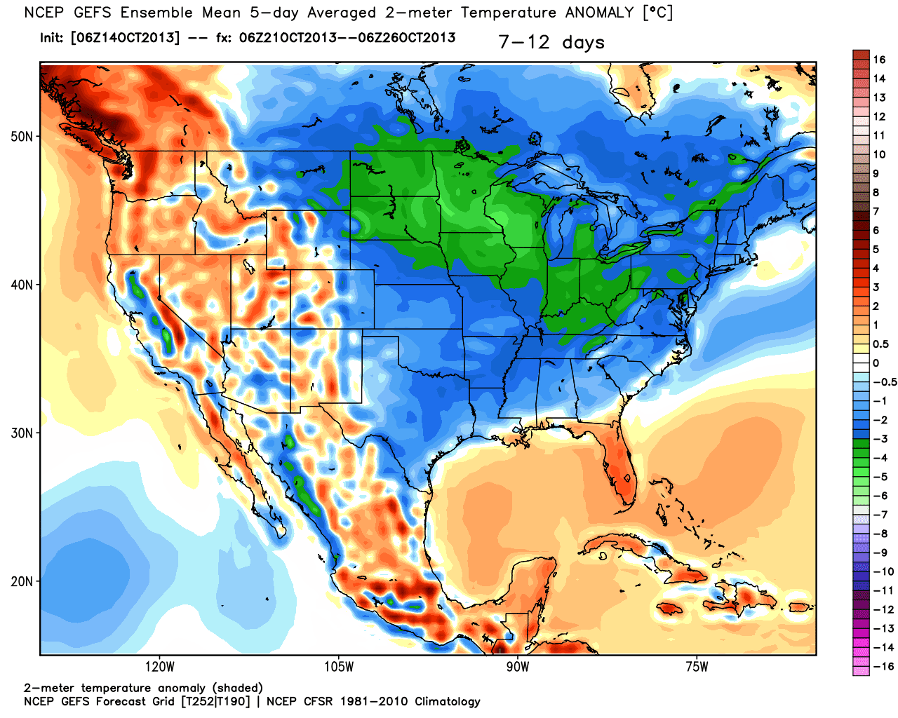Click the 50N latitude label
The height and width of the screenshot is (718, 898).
pos(22,136)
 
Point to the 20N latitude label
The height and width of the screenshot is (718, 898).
pos(22,581)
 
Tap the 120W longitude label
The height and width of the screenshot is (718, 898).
pos(160,666)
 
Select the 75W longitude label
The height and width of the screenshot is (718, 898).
pos(697,666)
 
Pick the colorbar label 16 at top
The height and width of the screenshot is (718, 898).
pos(879,60)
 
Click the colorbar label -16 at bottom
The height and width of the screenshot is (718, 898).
pos(883,666)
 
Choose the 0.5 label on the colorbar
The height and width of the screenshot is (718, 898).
pos(880,344)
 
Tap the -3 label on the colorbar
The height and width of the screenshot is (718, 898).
pos(880,439)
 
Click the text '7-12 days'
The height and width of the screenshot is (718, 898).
pos(551,43)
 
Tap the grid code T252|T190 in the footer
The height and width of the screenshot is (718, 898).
pos(215,701)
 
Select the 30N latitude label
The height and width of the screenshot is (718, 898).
pos(22,433)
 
